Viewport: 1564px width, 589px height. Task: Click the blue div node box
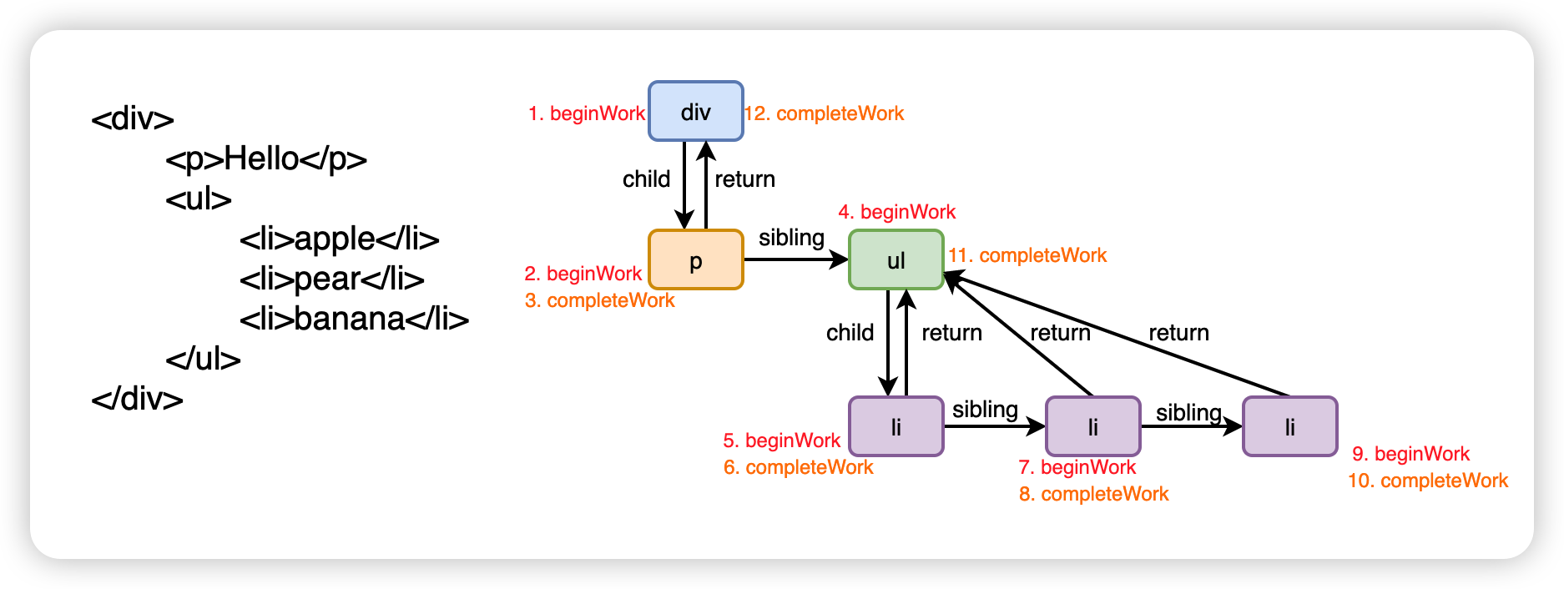point(695,111)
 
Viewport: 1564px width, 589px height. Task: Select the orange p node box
point(695,259)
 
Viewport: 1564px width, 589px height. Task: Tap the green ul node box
point(896,259)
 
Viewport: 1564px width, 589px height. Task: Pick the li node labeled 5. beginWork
point(896,426)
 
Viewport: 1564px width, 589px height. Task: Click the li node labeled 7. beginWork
point(1092,426)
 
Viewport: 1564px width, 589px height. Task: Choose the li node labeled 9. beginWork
point(1289,426)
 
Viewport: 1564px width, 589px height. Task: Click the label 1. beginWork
point(586,113)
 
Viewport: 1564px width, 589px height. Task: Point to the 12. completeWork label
point(824,113)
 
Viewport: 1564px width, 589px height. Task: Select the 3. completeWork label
point(599,300)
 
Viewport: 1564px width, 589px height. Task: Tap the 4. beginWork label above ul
point(896,212)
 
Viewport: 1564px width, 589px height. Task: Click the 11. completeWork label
point(1027,255)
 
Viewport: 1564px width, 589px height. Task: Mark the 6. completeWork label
point(798,467)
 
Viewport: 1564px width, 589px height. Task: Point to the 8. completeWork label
point(1093,494)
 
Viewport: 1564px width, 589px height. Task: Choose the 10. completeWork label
point(1427,481)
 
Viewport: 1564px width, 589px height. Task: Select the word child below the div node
point(646,179)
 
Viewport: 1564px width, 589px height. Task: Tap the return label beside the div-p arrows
point(744,179)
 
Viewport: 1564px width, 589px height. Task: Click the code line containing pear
point(331,279)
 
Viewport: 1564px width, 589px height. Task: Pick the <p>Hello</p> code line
point(266,159)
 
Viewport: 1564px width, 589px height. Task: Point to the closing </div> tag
point(137,399)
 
